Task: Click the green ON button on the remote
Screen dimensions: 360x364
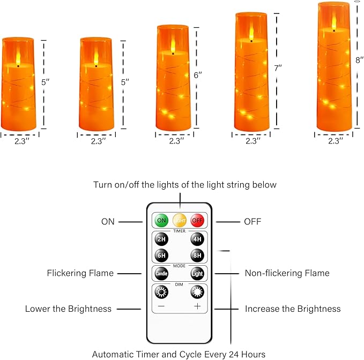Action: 161,220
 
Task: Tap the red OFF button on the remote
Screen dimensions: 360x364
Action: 197,220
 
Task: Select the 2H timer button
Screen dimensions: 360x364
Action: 161,239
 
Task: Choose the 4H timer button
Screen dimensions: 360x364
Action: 197,239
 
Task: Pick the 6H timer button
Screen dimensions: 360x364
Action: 161,256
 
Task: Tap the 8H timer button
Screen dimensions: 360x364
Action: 197,256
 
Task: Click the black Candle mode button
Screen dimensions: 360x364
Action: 161,273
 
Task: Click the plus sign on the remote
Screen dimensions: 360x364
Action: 197,306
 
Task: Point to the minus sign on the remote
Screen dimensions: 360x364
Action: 161,306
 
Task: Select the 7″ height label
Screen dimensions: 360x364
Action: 278,69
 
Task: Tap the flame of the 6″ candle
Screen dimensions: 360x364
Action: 173,45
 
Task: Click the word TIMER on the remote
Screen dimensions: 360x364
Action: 179,230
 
